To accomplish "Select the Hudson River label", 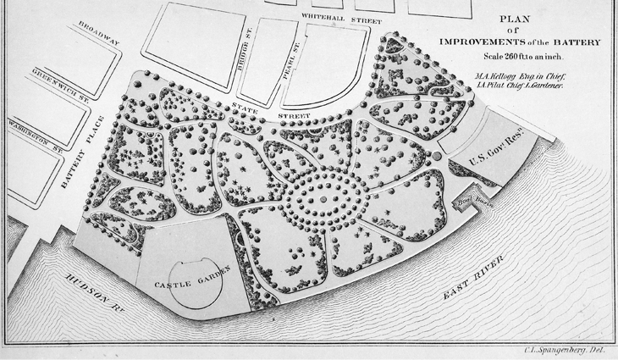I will coord(94,293).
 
